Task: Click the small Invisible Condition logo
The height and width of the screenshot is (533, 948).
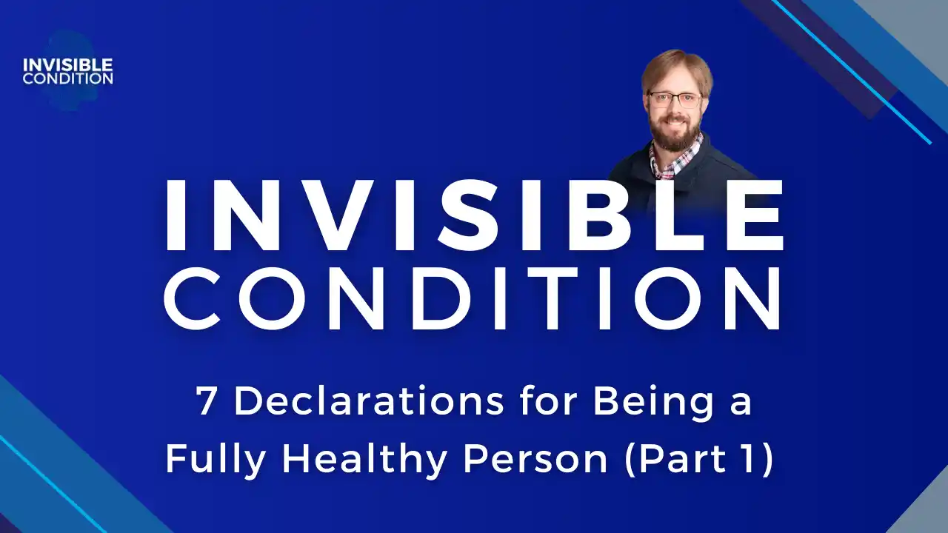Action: coord(67,67)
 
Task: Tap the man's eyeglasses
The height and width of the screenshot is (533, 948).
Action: coord(674,99)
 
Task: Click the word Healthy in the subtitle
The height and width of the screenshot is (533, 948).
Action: coord(363,460)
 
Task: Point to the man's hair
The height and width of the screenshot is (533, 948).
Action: coord(676,67)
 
